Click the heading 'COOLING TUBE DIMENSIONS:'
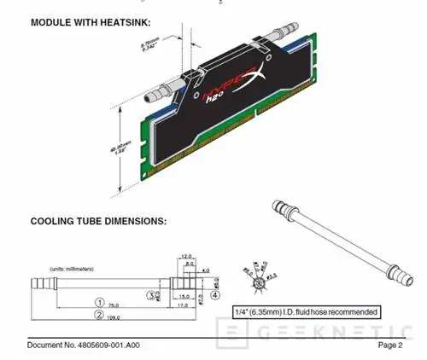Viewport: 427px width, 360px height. click(x=86, y=222)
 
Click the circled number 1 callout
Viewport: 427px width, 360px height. click(x=99, y=302)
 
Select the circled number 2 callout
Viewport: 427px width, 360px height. click(x=99, y=315)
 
